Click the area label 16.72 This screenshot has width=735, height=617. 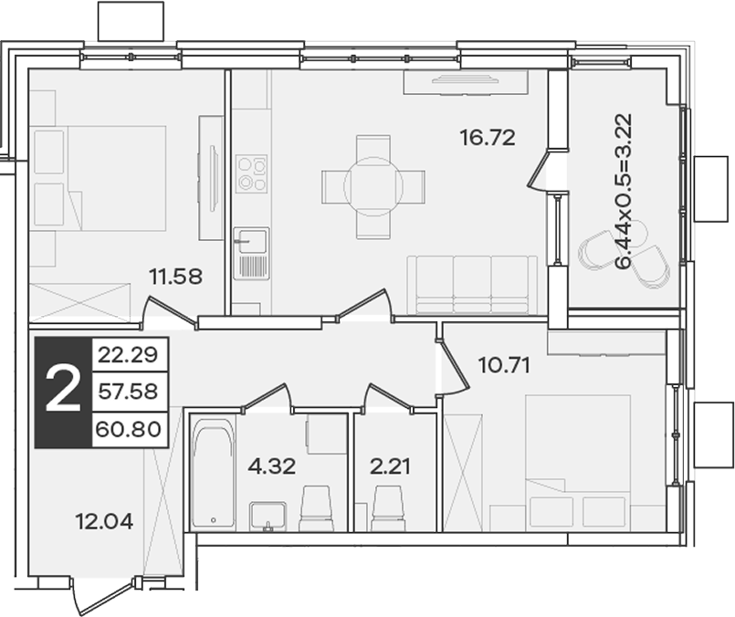click(x=488, y=137)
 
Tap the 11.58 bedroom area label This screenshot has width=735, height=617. click(x=175, y=277)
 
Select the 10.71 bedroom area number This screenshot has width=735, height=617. click(x=504, y=365)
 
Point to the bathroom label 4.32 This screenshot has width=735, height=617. click(x=271, y=466)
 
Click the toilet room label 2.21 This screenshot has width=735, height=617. click(x=390, y=466)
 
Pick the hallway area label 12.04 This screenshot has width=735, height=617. click(x=104, y=521)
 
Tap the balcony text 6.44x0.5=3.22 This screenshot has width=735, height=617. click(x=625, y=191)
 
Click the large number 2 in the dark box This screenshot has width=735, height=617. click(x=63, y=392)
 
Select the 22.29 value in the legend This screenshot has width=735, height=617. click(x=128, y=355)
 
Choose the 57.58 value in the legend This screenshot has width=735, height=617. click(x=128, y=392)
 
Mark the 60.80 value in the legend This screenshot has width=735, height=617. click(x=128, y=429)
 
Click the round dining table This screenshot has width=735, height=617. click(x=373, y=186)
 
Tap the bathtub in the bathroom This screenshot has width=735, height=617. click(x=214, y=472)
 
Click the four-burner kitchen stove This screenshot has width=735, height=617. click(x=252, y=173)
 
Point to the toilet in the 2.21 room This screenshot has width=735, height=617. click(x=388, y=508)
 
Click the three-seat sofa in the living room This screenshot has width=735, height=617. click(x=472, y=285)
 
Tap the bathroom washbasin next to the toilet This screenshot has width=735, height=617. click(x=268, y=517)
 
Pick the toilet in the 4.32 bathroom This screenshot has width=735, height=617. click(x=316, y=508)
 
